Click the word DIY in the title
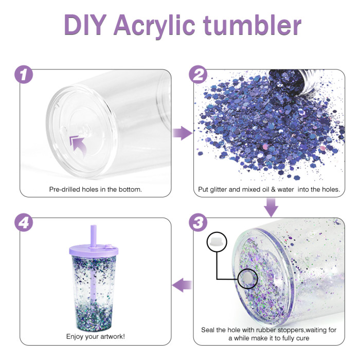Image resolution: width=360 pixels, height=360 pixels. (85, 25)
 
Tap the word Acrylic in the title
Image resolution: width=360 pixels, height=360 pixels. (154, 26)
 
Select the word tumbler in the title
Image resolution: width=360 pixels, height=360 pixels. (252, 25)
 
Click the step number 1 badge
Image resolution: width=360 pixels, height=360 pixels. (24, 75)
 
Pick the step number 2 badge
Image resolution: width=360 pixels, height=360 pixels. (198, 75)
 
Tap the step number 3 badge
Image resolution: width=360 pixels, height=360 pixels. (198, 222)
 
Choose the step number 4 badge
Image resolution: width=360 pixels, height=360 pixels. (24, 222)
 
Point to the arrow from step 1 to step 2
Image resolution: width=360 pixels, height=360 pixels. (183, 133)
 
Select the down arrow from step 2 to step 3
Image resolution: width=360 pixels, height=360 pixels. (271, 207)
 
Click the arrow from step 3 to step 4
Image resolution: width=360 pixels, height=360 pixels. (182, 285)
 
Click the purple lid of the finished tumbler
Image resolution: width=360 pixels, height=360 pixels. (94, 251)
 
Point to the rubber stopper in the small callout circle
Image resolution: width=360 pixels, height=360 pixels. (217, 242)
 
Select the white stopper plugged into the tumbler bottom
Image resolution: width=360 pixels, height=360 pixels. (247, 278)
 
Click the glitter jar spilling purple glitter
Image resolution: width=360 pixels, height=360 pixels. (295, 81)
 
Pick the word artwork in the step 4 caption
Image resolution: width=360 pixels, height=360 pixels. (111, 336)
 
